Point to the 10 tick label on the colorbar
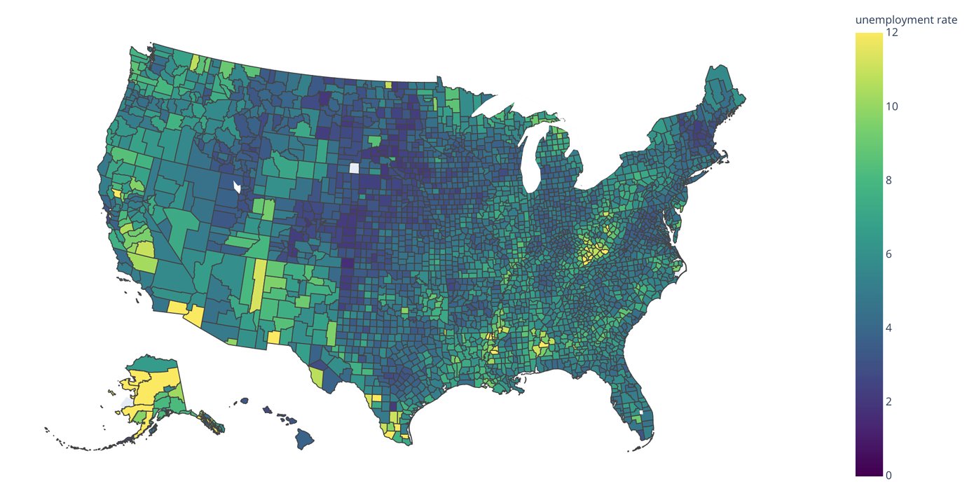(892, 106)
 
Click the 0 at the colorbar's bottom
(889, 475)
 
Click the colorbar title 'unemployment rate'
(905, 20)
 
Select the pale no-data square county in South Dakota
(354, 168)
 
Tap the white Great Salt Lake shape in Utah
(238, 187)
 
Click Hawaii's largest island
(303, 440)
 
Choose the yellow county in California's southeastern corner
(177, 307)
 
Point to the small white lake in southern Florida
(640, 412)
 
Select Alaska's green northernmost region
(151, 364)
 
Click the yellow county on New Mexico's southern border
(274, 338)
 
